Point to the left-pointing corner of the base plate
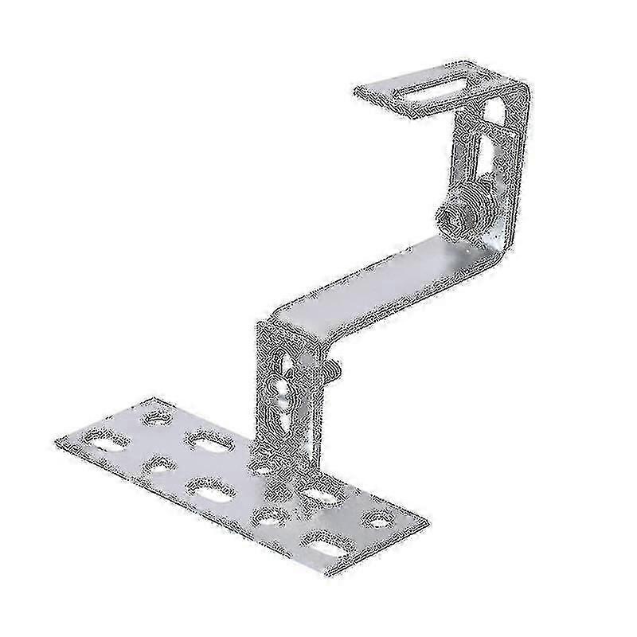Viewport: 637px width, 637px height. pos(56,440)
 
